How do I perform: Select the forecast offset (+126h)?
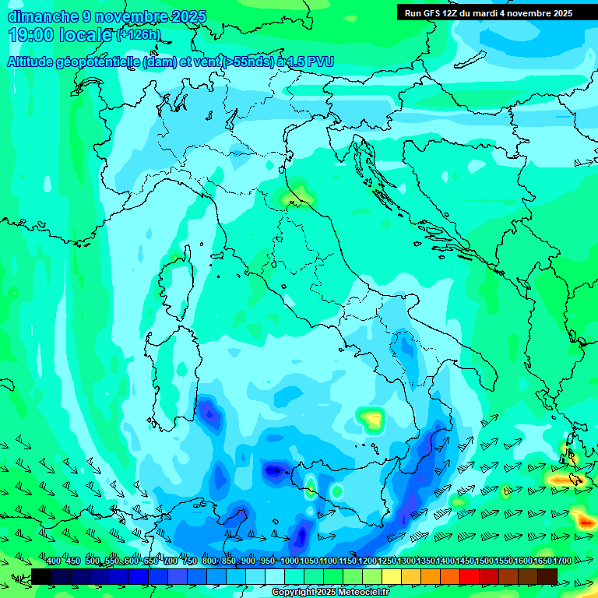138,35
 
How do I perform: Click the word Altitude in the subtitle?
34,62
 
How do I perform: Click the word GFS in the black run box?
433,13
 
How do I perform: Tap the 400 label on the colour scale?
54,561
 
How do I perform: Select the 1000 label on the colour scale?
289,561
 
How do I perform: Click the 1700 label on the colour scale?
561,561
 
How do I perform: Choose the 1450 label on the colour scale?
464,561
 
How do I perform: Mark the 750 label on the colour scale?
190,561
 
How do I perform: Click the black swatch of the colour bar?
41,576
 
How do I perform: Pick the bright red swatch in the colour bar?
470,576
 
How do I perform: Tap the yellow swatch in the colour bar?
392,576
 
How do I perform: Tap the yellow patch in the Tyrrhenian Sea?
373,420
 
